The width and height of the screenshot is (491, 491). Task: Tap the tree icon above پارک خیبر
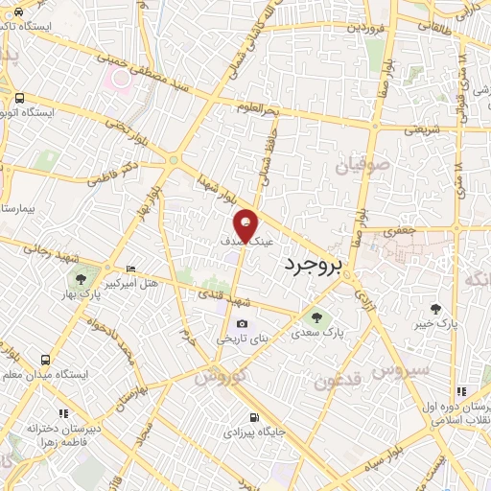click(x=435, y=309)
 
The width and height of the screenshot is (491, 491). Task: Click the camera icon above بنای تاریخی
click(x=242, y=324)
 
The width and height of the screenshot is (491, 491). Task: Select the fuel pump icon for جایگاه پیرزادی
click(x=252, y=417)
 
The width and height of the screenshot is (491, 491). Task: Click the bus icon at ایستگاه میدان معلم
click(x=46, y=360)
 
